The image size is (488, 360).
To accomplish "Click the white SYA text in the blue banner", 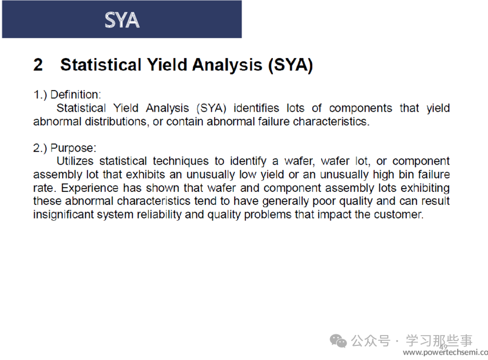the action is click(122, 20).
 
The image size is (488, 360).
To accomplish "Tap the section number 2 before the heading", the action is click(38, 65).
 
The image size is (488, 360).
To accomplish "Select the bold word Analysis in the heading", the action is click(227, 65).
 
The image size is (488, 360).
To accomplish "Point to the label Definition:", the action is click(75, 94).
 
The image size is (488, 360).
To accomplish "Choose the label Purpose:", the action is click(73, 148).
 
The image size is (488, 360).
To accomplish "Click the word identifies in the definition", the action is click(256, 108).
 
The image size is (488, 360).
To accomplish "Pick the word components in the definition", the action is click(361, 108).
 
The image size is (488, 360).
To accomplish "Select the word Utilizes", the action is click(75, 161).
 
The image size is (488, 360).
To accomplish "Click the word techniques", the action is click(181, 162).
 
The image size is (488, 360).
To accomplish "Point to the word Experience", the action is click(89, 188).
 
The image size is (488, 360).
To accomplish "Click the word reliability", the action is click(159, 215).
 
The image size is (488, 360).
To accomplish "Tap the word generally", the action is click(285, 201).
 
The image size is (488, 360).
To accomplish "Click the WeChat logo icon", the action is click(338, 341).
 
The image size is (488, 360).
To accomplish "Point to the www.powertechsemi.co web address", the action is click(445, 352).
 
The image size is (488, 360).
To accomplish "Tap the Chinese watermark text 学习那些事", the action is click(439, 340).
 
